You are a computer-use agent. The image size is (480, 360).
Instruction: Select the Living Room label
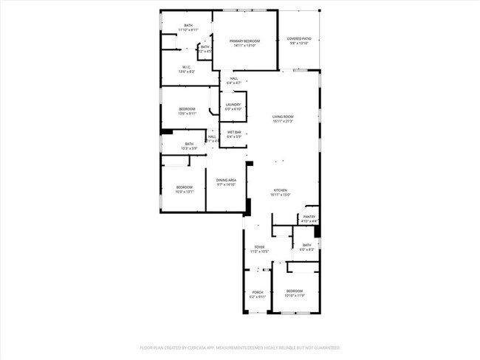click(x=283, y=117)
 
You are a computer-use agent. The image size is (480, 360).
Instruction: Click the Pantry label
click(x=309, y=217)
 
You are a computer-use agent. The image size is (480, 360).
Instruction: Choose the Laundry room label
click(x=233, y=105)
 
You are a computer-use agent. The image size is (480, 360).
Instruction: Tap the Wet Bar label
click(x=234, y=132)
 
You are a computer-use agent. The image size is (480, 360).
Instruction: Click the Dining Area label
click(x=226, y=180)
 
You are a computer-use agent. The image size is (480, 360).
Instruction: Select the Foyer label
click(x=259, y=247)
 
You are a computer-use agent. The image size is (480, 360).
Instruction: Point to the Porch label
click(x=258, y=292)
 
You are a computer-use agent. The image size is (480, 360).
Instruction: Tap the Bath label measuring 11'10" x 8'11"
click(x=188, y=27)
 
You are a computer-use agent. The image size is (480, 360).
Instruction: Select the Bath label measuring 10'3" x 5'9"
click(x=189, y=144)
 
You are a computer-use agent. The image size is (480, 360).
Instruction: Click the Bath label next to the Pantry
click(x=306, y=245)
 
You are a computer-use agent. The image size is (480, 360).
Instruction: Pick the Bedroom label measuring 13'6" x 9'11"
click(x=186, y=109)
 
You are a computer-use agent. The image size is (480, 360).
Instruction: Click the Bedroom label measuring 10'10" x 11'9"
click(x=295, y=291)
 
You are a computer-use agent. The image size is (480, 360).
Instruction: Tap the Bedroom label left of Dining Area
click(x=184, y=187)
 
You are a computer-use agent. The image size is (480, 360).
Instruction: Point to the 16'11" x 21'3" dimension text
click(x=283, y=122)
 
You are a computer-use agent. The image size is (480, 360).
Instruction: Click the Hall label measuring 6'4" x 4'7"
click(x=233, y=78)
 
